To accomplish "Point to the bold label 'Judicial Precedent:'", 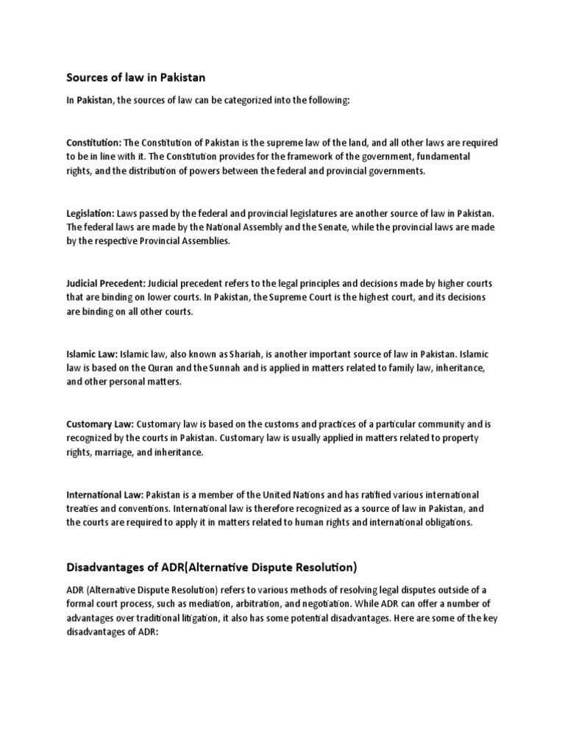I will (x=106, y=283).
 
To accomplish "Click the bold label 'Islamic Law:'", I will (x=91, y=354).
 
